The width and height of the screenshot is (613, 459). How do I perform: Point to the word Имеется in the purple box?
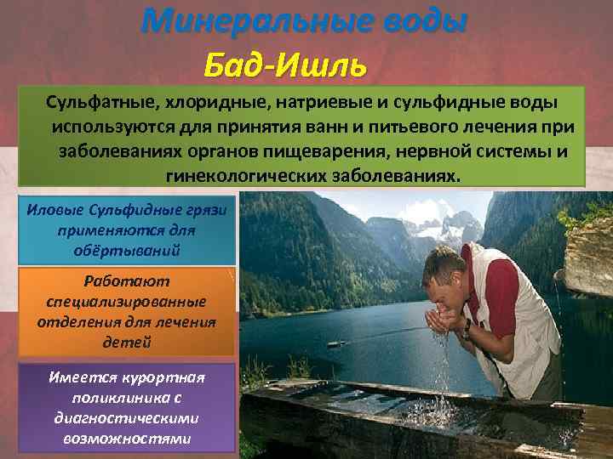[85, 377]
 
